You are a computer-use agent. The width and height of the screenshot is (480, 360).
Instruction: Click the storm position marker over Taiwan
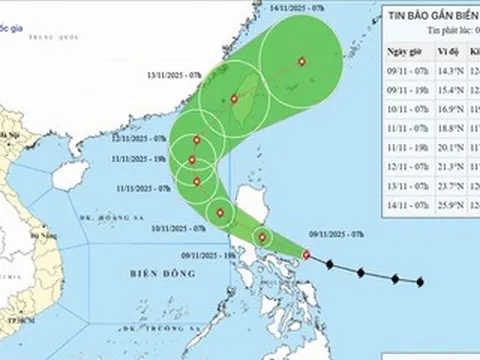pyautogui.click(x=234, y=98)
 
